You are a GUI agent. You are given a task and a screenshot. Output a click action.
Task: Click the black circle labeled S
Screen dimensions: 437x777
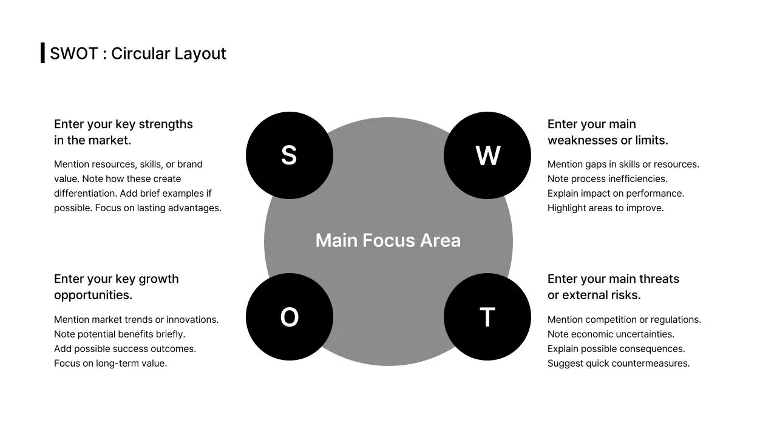tap(290, 155)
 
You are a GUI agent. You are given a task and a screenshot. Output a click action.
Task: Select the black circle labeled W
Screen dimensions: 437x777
tap(487, 155)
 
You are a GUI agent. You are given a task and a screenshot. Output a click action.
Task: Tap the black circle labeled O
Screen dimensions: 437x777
tap(290, 317)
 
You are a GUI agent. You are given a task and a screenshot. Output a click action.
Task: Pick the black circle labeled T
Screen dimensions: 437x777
tap(487, 317)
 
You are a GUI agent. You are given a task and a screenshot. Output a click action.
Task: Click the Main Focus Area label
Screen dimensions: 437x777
tap(388, 240)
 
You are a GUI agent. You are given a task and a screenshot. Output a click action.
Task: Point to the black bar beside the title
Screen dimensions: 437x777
tap(42, 53)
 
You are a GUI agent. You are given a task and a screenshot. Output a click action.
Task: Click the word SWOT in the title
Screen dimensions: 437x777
tap(73, 53)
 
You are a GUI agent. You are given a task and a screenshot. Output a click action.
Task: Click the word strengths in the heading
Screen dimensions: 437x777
tap(166, 124)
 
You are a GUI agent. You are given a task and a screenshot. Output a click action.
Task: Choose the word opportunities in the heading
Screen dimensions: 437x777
tap(93, 295)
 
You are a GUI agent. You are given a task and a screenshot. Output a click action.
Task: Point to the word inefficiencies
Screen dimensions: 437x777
tap(635, 179)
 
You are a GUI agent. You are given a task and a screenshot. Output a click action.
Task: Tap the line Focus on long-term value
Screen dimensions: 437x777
tap(110, 364)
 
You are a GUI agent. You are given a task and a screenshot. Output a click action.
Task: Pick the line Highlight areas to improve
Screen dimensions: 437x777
tap(606, 208)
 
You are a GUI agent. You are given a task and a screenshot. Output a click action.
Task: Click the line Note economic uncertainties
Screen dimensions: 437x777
tap(611, 334)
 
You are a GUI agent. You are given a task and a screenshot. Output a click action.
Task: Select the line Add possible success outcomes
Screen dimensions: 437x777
tap(125, 349)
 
